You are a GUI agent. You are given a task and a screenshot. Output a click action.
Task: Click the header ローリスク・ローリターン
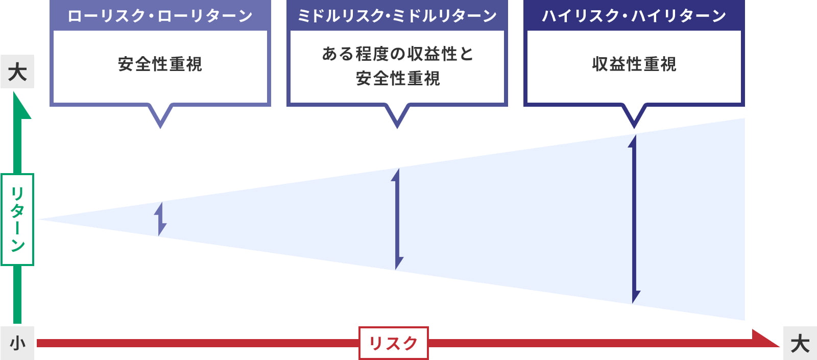(x=160, y=16)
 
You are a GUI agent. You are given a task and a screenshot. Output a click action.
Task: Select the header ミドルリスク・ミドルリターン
(x=397, y=16)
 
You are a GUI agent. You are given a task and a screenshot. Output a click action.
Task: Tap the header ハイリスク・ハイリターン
(x=634, y=16)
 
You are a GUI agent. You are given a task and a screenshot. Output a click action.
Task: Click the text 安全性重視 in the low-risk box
(x=160, y=64)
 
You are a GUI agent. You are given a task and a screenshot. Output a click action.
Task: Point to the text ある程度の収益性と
(x=398, y=54)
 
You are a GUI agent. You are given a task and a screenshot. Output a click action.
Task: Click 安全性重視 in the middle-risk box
(x=398, y=79)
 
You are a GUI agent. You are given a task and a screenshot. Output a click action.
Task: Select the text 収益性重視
(x=634, y=64)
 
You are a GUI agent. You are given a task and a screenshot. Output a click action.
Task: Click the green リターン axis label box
(x=17, y=220)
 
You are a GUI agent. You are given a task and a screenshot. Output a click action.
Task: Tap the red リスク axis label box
(x=394, y=343)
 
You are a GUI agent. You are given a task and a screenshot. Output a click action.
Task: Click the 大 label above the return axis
(x=17, y=71)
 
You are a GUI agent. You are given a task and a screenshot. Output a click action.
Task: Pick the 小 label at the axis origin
(x=17, y=343)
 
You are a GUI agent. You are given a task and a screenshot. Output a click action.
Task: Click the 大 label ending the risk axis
(x=800, y=343)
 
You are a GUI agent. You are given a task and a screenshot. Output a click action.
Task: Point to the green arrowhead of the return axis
(x=21, y=105)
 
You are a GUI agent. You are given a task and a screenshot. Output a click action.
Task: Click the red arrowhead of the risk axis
(x=766, y=339)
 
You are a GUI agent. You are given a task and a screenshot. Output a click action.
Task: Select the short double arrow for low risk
(x=160, y=219)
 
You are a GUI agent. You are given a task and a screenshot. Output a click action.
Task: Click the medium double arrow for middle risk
(x=397, y=219)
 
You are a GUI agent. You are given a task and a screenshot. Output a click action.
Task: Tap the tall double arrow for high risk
(x=634, y=219)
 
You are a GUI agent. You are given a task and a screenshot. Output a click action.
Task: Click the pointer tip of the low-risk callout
(x=160, y=128)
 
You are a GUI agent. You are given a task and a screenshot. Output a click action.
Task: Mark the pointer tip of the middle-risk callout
(x=397, y=128)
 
